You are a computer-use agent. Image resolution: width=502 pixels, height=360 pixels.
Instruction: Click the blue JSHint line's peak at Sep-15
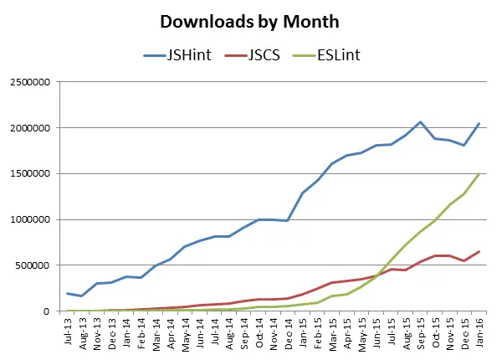pyautogui.click(x=420, y=122)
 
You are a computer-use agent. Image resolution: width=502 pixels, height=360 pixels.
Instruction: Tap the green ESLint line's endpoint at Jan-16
pyautogui.click(x=479, y=174)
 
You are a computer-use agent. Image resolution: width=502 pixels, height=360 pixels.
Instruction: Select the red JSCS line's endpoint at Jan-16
pyautogui.click(x=479, y=251)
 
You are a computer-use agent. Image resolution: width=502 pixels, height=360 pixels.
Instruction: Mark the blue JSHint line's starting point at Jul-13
pyautogui.click(x=68, y=293)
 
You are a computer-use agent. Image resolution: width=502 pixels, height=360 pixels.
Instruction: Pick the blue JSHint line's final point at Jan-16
pyautogui.click(x=479, y=124)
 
